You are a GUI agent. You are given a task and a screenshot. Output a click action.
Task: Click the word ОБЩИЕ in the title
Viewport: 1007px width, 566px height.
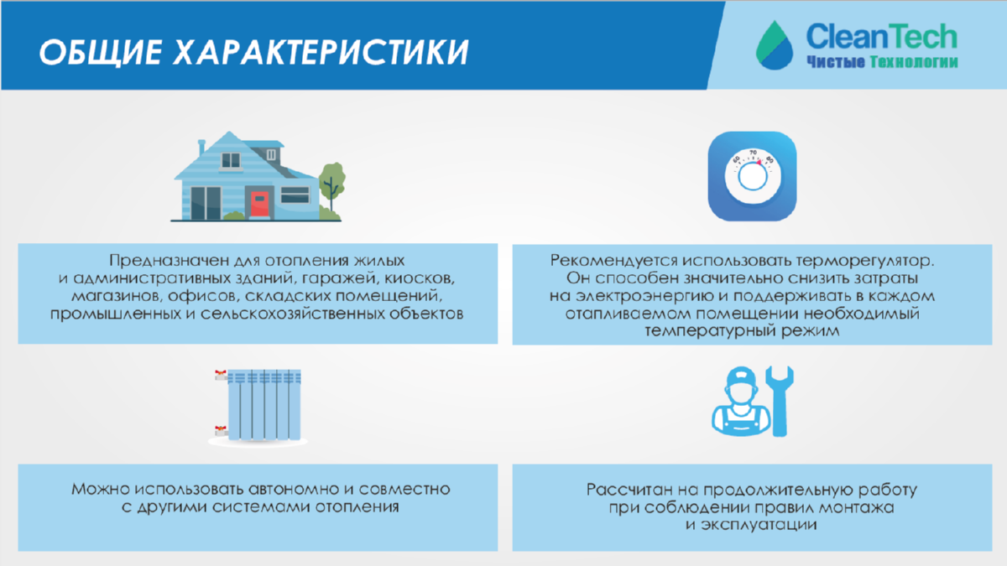tap(100, 53)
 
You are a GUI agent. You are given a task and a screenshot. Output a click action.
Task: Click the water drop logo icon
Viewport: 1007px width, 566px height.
tap(774, 45)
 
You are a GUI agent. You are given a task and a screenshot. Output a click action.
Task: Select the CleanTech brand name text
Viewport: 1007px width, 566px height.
tap(882, 36)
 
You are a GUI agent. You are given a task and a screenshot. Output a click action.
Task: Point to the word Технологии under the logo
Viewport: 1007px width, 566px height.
tap(914, 62)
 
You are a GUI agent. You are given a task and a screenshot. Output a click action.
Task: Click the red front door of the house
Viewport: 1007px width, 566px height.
tap(259, 205)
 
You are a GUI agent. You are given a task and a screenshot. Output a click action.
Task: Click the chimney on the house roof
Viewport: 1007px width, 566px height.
tap(202, 148)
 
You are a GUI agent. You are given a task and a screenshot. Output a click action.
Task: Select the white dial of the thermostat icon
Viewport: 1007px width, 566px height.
tap(752, 177)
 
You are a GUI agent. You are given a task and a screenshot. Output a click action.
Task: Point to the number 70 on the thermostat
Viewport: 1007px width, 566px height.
tap(753, 153)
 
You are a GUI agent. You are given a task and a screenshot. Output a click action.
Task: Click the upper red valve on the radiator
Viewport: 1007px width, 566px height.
tap(220, 374)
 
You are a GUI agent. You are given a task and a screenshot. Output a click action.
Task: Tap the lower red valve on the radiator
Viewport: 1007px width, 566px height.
tap(220, 431)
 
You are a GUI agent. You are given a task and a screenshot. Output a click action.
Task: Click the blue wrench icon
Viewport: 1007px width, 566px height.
tap(780, 401)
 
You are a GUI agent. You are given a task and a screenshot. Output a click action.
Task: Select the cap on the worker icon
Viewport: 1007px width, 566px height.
tap(742, 376)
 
